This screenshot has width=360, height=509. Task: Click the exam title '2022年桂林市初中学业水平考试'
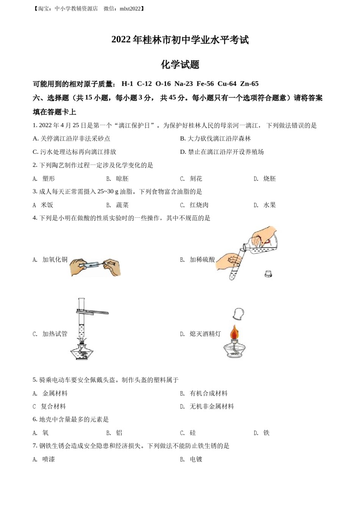coord(180,40)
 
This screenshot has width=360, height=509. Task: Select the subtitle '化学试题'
coord(180,64)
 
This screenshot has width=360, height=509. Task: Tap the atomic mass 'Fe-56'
coord(205,84)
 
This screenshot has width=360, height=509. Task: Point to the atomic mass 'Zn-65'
coord(249,84)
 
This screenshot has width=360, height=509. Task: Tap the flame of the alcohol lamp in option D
coord(235,333)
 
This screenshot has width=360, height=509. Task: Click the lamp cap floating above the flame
coord(238,314)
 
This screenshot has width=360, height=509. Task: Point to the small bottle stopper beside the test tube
coord(268,273)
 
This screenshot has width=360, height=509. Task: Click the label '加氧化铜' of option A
coord(55,259)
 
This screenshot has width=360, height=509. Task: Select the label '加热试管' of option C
coord(55,334)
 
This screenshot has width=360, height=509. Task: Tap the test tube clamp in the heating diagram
coord(93,312)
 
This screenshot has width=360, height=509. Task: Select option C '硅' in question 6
coord(193,432)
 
